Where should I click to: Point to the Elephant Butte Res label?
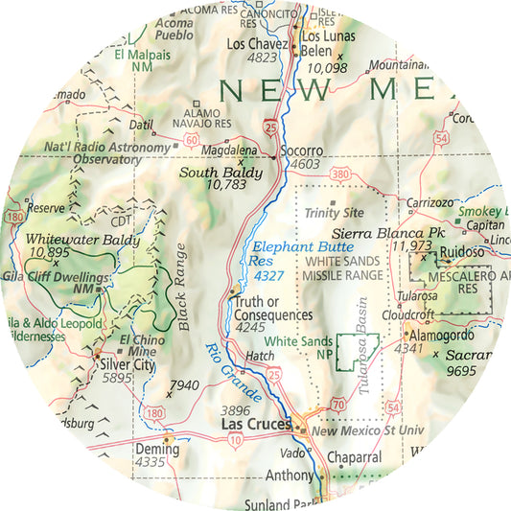tap(292, 246)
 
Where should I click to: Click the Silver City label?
tap(128, 365)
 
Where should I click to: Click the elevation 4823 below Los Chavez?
tap(261, 57)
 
